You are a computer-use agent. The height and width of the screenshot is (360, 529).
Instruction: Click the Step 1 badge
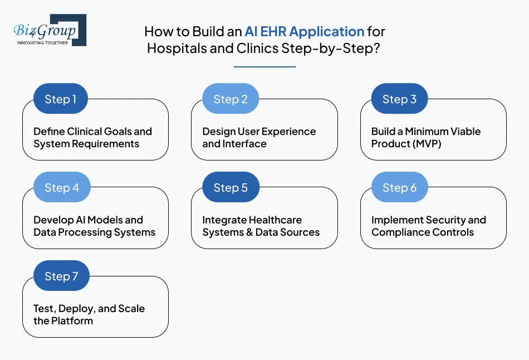(61, 99)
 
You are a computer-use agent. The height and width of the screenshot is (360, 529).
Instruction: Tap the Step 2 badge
(230, 99)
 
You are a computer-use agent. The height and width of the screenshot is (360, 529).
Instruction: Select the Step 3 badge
(399, 99)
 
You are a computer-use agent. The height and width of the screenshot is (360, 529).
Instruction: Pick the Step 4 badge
(61, 188)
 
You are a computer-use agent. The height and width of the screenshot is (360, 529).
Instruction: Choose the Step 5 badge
(231, 188)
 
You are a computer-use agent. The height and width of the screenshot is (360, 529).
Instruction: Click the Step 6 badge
(399, 188)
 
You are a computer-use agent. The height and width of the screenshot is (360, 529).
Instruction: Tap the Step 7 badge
(61, 276)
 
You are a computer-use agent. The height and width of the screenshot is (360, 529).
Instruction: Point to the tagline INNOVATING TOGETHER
(43, 42)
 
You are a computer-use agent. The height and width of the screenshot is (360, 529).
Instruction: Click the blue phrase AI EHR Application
(305, 31)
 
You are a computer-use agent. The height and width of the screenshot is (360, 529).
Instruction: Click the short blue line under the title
(264, 67)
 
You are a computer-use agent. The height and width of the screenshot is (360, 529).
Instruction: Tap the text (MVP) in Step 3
(417, 144)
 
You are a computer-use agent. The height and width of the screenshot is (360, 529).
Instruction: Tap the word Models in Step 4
(101, 220)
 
